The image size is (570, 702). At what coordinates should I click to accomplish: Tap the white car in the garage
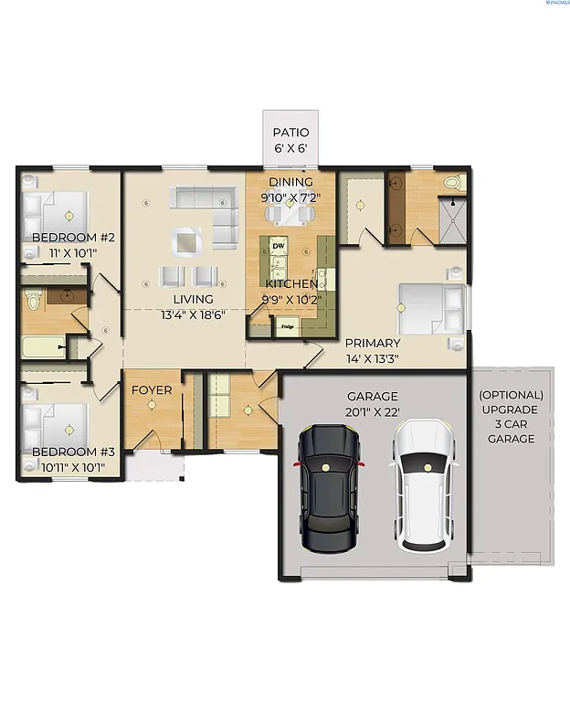click(x=424, y=484)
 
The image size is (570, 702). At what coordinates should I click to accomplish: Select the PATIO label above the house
click(x=290, y=133)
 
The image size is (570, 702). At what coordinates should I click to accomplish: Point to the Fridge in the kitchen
click(x=287, y=326)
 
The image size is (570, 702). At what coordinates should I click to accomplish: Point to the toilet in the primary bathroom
click(x=453, y=184)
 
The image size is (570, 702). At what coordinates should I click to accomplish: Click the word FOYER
click(x=152, y=390)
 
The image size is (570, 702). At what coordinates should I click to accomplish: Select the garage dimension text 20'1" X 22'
click(x=372, y=413)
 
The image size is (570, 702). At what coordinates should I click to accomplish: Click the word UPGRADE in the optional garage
click(x=512, y=409)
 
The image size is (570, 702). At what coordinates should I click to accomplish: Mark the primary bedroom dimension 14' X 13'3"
click(x=372, y=358)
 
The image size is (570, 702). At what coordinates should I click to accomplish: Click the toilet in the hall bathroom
click(x=34, y=299)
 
